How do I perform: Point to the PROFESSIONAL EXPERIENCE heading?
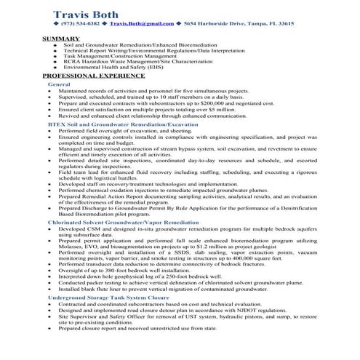click(89, 76)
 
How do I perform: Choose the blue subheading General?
click(59, 84)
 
